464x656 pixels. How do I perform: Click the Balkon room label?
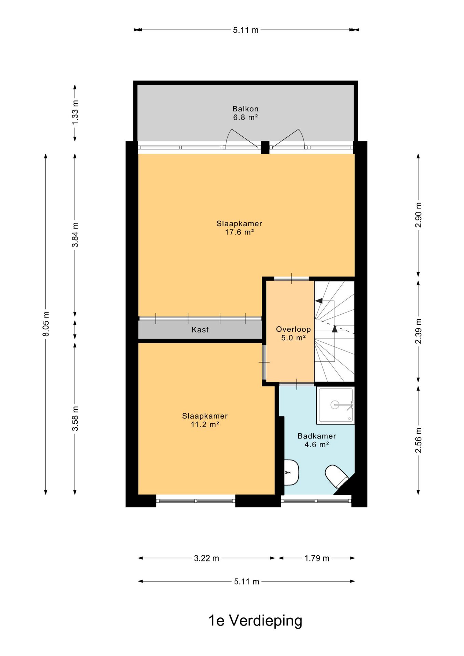click(245, 109)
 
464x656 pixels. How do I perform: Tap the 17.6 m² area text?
click(239, 232)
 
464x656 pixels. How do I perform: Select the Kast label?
click(200, 330)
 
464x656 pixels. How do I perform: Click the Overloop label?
click(293, 329)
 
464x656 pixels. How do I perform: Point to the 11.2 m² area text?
click(205, 425)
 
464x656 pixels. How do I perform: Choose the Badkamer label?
click(317, 436)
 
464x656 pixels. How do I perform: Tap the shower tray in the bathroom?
click(336, 406)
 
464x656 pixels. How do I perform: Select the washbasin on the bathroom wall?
click(291, 473)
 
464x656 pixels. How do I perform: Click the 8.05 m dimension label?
click(46, 324)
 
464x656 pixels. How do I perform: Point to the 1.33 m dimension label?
click(75, 112)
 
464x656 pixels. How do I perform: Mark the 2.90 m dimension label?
click(419, 215)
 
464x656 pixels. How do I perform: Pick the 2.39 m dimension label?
click(419, 331)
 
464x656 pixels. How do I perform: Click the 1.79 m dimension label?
click(317, 558)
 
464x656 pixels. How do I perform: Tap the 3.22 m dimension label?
click(206, 558)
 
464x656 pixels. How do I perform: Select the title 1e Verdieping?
click(255, 621)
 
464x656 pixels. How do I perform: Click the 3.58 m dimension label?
click(75, 419)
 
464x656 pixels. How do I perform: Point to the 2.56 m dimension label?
click(419, 440)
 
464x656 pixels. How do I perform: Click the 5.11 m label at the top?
click(246, 30)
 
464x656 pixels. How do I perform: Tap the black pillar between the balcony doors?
click(265, 147)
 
